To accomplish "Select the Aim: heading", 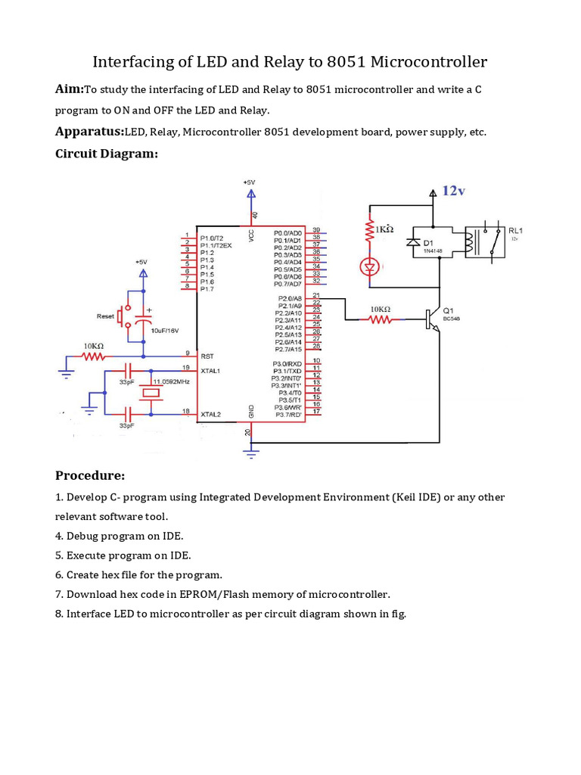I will (69, 89).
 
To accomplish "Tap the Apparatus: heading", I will (89, 132).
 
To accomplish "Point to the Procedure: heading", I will (89, 475).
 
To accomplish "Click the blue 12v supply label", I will (453, 191).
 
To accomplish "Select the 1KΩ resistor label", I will (384, 229).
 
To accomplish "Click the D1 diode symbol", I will (412, 242).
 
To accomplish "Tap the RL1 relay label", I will (516, 231).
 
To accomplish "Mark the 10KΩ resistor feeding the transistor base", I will (380, 319).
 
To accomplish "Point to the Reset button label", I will (105, 316).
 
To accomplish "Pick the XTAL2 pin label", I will (210, 415).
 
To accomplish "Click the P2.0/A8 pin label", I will (290, 299).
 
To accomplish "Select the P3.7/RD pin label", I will (289, 415).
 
